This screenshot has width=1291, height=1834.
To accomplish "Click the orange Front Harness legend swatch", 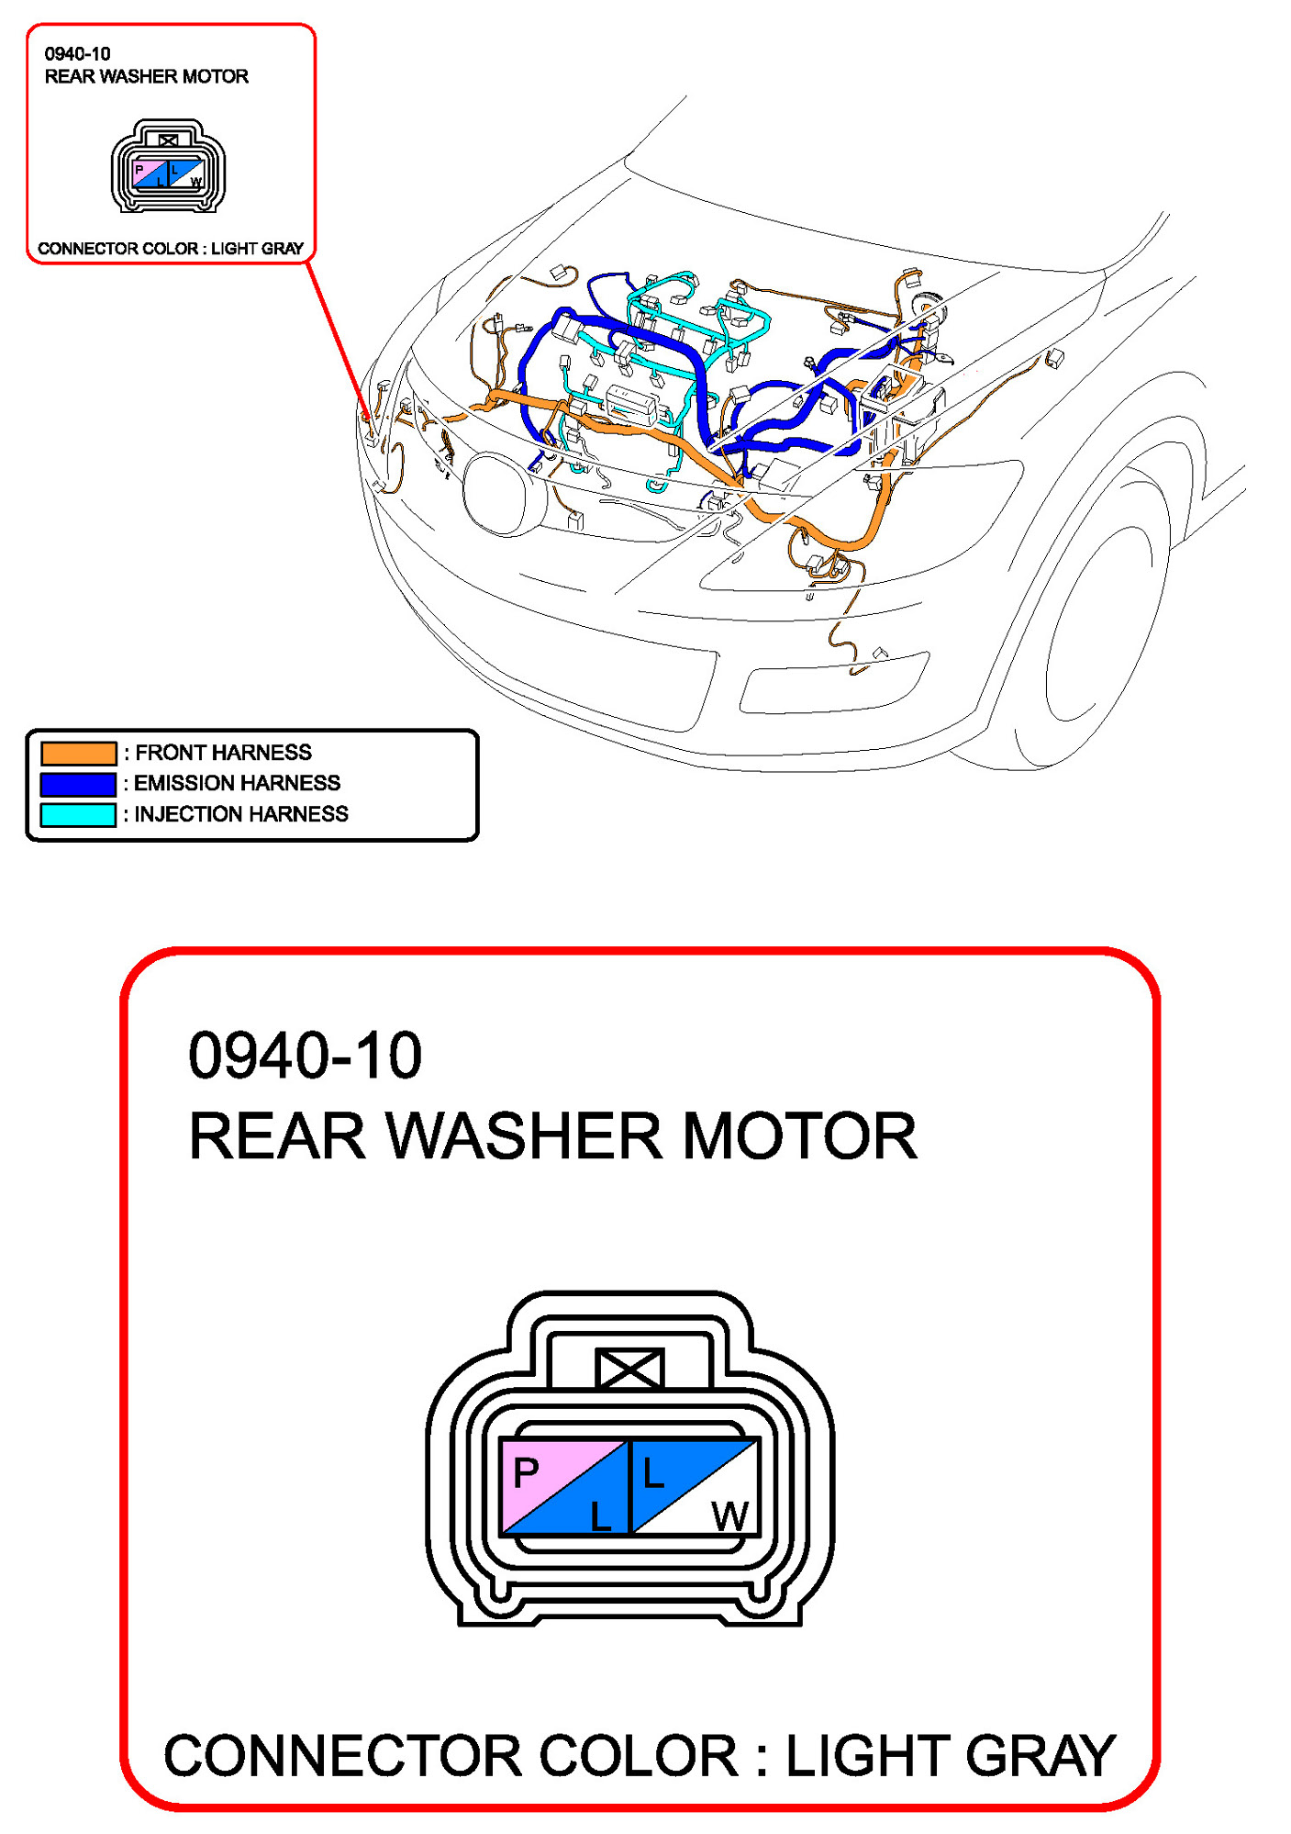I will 78,753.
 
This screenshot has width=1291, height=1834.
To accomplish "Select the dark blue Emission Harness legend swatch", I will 78,783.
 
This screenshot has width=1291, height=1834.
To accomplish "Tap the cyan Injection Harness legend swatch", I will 78,814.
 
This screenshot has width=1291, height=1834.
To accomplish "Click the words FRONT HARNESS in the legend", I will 223,753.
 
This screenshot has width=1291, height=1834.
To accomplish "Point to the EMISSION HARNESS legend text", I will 237,783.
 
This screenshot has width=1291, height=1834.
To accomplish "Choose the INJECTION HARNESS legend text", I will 240,814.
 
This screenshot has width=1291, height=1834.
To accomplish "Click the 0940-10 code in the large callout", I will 305,1055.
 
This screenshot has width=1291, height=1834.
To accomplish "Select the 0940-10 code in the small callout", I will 77,54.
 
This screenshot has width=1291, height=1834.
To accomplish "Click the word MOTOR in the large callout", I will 799,1136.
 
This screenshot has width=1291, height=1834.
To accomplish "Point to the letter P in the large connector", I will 526,1472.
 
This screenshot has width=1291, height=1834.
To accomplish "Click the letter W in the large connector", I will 730,1516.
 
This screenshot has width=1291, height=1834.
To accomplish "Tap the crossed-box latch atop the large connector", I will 629,1369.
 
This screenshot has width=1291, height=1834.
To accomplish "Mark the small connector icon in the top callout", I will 168,166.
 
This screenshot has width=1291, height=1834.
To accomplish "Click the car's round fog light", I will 500,493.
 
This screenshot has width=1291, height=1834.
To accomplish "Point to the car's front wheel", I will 1096,624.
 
